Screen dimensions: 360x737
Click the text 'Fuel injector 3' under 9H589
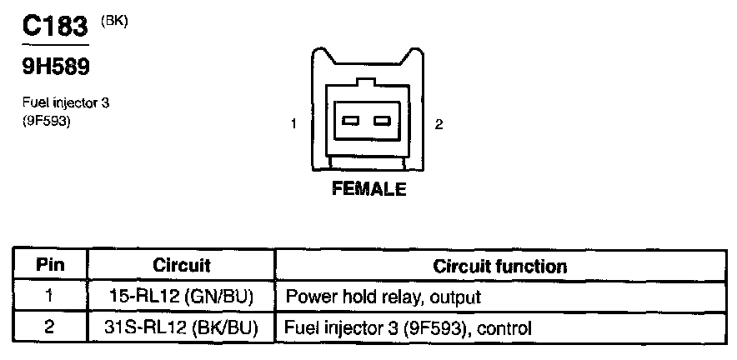66,103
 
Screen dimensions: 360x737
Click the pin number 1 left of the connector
294,124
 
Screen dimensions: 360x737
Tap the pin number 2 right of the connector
439,124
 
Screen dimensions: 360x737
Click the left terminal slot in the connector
350,121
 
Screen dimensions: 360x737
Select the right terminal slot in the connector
383,121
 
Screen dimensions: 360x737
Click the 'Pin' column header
49,266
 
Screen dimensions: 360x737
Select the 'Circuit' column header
182,266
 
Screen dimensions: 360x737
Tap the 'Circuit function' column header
500,267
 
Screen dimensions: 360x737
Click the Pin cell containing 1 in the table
49,296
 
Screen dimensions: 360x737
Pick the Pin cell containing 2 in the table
49,326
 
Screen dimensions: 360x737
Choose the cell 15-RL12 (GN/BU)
182,296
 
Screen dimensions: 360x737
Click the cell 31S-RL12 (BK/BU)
182,326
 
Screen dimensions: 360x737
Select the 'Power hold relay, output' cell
383,297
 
